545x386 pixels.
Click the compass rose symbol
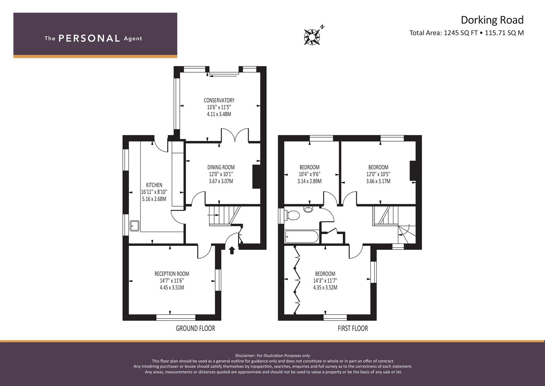point(312,36)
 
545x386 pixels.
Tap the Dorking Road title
point(492,20)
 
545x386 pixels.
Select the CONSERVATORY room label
point(219,100)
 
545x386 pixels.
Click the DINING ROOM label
point(221,167)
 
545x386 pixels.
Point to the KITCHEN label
point(154,185)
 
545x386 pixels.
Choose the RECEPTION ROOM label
point(172,274)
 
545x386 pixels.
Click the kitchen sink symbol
point(135,226)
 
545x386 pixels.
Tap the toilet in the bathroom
point(292,216)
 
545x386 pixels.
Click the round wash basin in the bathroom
point(308,209)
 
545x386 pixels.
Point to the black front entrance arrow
point(232,250)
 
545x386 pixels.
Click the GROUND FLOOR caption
point(195,328)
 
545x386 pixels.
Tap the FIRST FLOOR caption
point(353,328)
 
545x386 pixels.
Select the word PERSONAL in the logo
point(89,38)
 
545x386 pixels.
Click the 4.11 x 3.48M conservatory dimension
point(219,114)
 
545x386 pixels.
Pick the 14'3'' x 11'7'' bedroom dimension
point(325,281)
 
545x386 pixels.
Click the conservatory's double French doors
point(235,135)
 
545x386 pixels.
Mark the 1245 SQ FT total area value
point(461,33)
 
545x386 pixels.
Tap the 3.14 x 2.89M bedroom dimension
point(309,181)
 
